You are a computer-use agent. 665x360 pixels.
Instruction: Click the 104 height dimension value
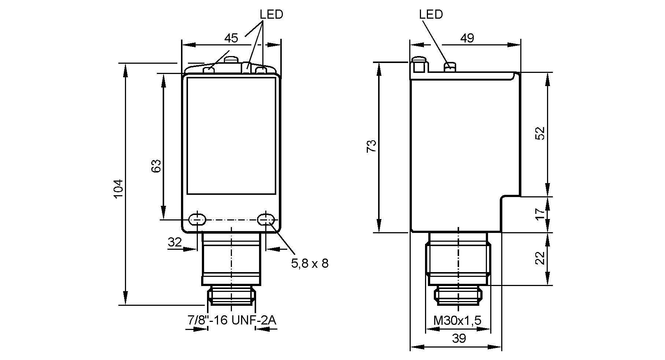[118, 189]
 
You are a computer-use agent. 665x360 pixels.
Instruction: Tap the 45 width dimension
[231, 38]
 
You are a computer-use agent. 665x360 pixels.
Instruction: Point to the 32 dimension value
[175, 242]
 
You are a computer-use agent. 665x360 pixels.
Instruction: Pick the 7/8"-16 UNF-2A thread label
[232, 320]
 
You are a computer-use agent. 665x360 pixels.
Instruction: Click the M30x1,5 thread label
[457, 321]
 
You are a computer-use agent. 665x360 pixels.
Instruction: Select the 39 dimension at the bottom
[459, 338]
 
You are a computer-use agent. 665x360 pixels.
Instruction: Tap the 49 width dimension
[467, 38]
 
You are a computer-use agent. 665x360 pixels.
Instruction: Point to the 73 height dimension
[371, 146]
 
